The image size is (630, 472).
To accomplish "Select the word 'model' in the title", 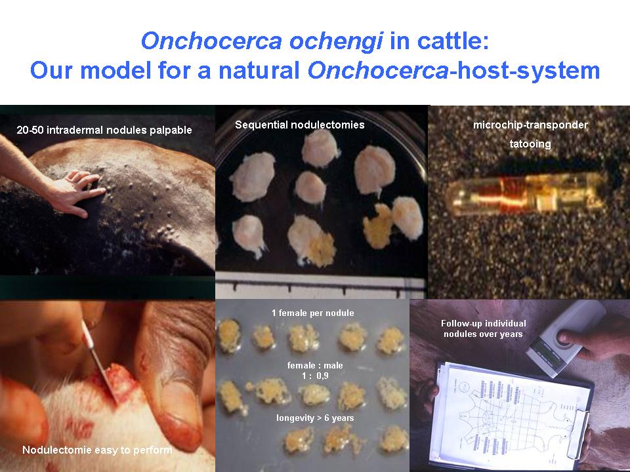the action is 117,70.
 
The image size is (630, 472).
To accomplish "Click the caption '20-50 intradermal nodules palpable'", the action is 104,130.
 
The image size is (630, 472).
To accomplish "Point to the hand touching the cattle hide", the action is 76,193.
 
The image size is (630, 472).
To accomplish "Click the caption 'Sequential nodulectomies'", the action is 300,125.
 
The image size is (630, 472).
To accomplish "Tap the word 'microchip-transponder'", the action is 530,125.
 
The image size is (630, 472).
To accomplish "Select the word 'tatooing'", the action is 530,144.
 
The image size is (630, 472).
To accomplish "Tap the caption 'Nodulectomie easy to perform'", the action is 97,450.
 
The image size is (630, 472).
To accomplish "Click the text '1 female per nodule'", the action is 312,313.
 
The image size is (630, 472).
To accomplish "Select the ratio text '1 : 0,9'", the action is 316,376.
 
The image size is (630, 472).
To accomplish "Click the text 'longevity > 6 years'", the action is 315,418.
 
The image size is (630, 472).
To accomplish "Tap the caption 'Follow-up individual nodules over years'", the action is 484,328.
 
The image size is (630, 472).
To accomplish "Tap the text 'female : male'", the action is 315,365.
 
